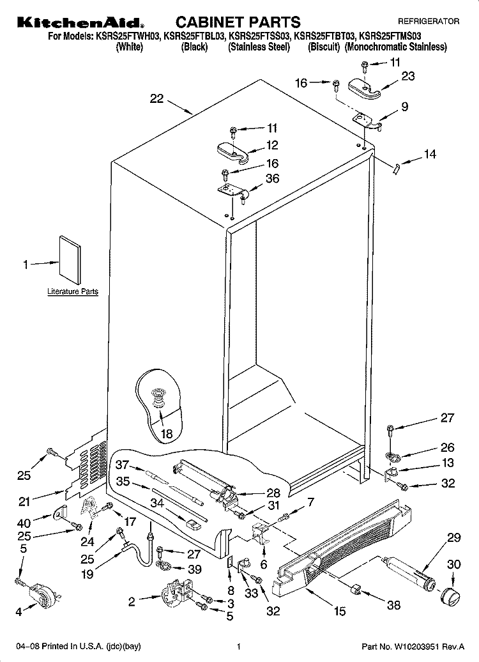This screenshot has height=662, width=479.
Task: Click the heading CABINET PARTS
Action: pyautogui.click(x=238, y=22)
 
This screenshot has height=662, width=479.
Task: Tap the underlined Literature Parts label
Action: pyautogui.click(x=73, y=291)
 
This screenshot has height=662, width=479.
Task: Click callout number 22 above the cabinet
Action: pyautogui.click(x=156, y=99)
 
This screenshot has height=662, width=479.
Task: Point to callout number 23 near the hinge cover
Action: pyautogui.click(x=407, y=76)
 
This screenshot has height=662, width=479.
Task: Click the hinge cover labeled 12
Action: pyautogui.click(x=232, y=151)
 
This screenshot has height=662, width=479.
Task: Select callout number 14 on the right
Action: pyautogui.click(x=430, y=154)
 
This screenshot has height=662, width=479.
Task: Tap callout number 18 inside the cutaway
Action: pyautogui.click(x=167, y=434)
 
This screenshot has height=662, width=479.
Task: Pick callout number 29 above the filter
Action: pyautogui.click(x=453, y=537)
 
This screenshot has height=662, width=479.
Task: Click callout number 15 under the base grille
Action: pyautogui.click(x=340, y=611)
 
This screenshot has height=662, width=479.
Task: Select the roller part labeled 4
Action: pyautogui.click(x=43, y=591)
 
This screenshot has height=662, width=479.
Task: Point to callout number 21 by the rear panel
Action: pyautogui.click(x=24, y=501)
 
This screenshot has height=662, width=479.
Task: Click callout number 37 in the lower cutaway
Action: pyautogui.click(x=122, y=465)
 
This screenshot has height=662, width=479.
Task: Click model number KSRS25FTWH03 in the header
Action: pyautogui.click(x=128, y=36)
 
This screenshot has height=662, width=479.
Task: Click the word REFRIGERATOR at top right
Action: pyautogui.click(x=429, y=21)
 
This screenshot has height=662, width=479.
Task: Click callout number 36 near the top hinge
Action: pyautogui.click(x=272, y=178)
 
